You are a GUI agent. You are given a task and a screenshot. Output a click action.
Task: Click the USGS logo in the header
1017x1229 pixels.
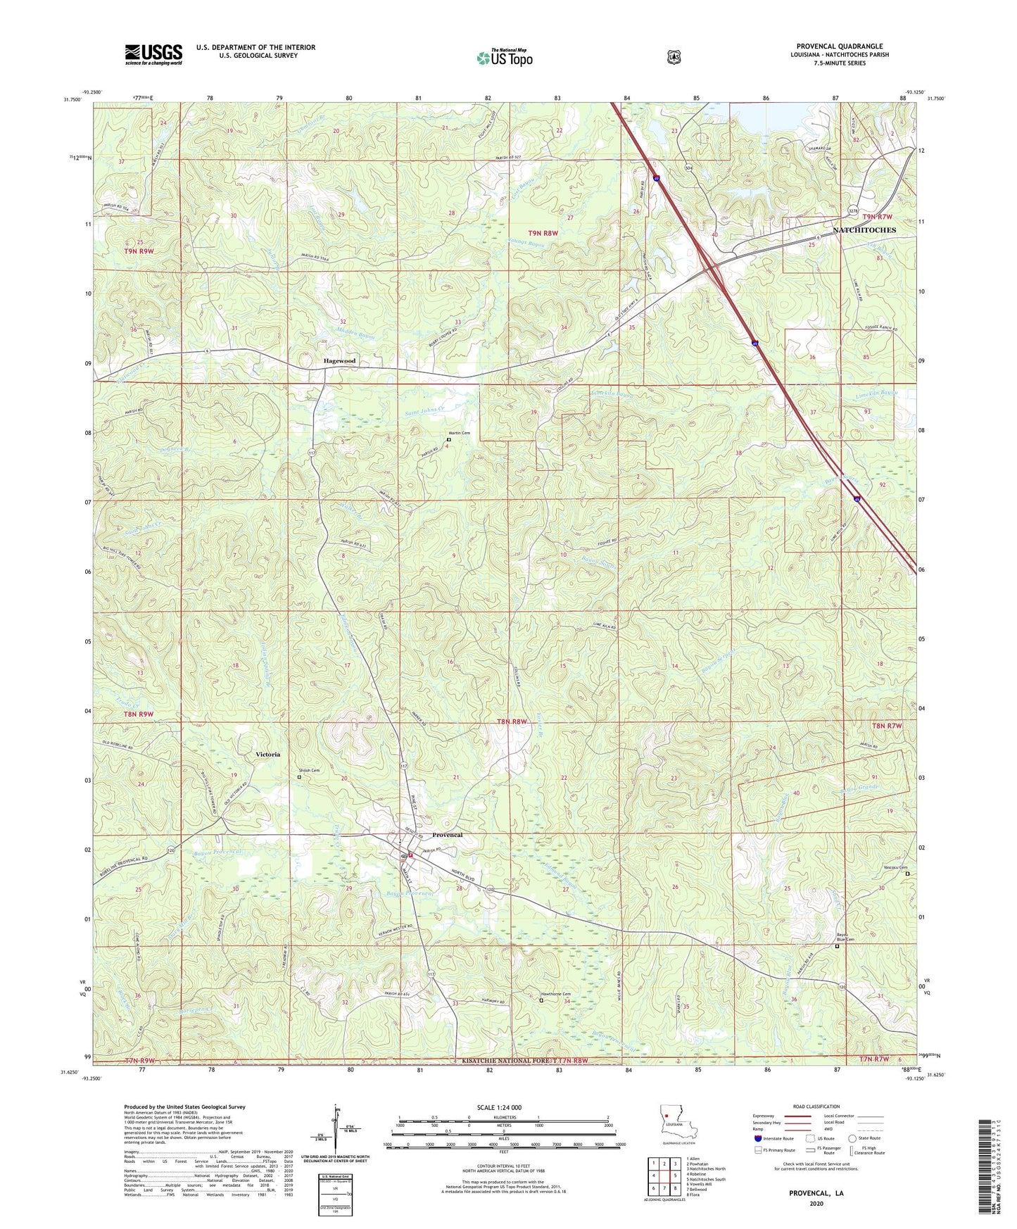[x=153, y=54]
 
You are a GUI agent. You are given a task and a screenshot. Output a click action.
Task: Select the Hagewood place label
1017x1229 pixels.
[x=339, y=361]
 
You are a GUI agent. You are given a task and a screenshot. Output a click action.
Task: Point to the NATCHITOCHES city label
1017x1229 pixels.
[x=864, y=230]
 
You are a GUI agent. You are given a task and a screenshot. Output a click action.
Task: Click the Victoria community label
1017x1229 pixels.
[x=267, y=754]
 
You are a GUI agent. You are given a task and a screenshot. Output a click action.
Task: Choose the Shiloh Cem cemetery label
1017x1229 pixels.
[x=310, y=770]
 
